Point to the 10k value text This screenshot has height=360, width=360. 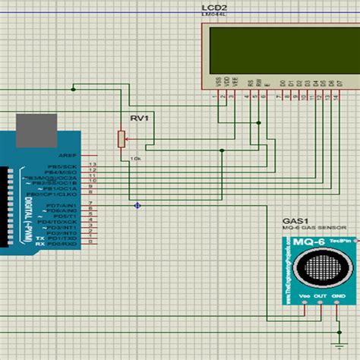(135, 158)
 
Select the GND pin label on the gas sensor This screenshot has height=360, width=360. (339, 296)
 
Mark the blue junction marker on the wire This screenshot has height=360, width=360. (137, 205)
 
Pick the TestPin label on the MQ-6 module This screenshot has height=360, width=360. (340, 241)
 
